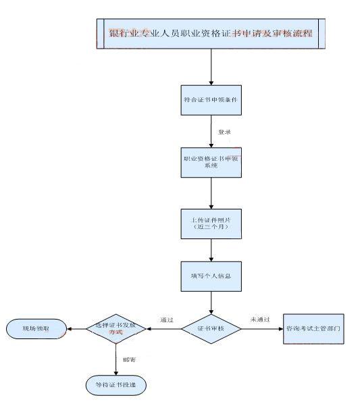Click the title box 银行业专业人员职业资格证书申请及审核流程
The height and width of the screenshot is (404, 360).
pyautogui.click(x=211, y=33)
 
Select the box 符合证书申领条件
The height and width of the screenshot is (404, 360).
pyautogui.click(x=211, y=100)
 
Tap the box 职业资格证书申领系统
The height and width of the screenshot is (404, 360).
pyautogui.click(x=211, y=162)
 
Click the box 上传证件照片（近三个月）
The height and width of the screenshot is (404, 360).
pyautogui.click(x=211, y=223)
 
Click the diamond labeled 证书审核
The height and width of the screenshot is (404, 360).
pyautogui.click(x=211, y=329)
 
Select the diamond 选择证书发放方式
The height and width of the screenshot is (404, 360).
pyautogui.click(x=117, y=329)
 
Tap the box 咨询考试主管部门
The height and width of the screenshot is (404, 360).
pyautogui.click(x=313, y=329)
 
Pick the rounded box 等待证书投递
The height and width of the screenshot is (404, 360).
pyautogui.click(x=115, y=384)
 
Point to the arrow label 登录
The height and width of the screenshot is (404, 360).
pyautogui.click(x=224, y=132)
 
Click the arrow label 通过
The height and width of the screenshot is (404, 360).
pyautogui.click(x=167, y=319)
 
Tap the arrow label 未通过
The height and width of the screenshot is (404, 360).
pyautogui.click(x=260, y=319)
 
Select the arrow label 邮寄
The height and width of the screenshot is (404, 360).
pyautogui.click(x=128, y=359)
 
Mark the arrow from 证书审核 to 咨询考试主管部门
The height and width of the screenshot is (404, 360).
pyautogui.click(x=262, y=329)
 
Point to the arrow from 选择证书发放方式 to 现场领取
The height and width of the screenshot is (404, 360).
pyautogui.click(x=76, y=329)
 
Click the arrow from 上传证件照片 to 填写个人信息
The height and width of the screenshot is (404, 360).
pyautogui.click(x=211, y=250)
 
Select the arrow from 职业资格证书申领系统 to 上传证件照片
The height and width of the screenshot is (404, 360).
pyautogui.click(x=211, y=192)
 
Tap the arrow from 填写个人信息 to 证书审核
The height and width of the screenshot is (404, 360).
pyautogui.click(x=211, y=303)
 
